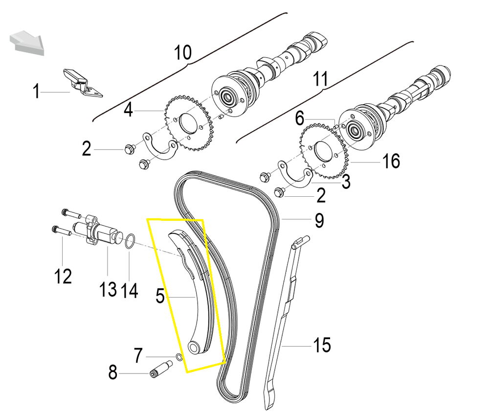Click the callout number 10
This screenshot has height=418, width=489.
pyautogui.click(x=183, y=52)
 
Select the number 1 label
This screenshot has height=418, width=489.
pyautogui.click(x=36, y=92)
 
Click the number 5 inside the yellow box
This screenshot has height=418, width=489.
pyautogui.click(x=159, y=296)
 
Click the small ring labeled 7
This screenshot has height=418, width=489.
pyautogui.click(x=179, y=356)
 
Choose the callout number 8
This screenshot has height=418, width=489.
pyautogui.click(x=113, y=374)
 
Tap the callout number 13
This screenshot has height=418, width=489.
pyautogui.click(x=108, y=289)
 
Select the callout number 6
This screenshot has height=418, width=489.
pyautogui.click(x=300, y=118)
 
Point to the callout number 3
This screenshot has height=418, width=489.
pyautogui.click(x=346, y=182)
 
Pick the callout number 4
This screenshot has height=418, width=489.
pyautogui.click(x=128, y=110)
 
